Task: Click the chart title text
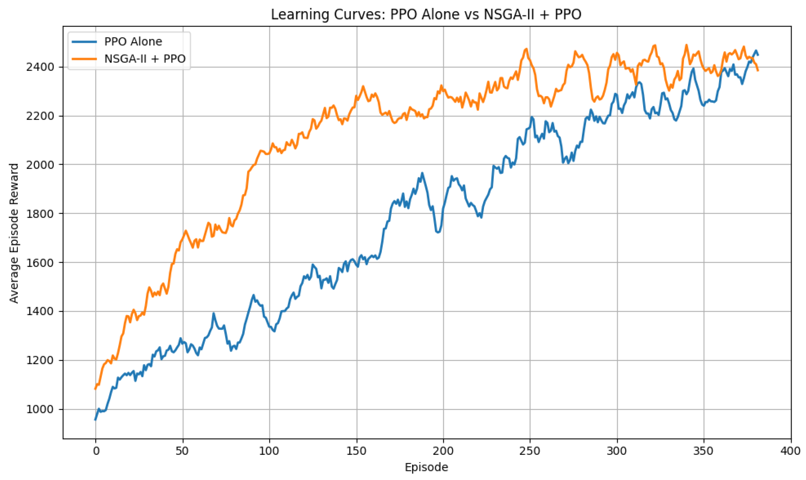pyautogui.click(x=426, y=15)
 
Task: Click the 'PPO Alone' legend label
pyautogui.click(x=133, y=41)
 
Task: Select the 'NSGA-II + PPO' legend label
pyautogui.click(x=145, y=59)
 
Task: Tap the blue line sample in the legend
pyautogui.click(x=84, y=41)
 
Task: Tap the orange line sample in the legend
pyautogui.click(x=84, y=59)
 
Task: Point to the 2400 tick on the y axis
pyautogui.click(x=41, y=67)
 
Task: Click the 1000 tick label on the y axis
pyautogui.click(x=41, y=409)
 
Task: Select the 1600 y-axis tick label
pyautogui.click(x=41, y=263)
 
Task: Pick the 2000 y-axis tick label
pyautogui.click(x=41, y=165)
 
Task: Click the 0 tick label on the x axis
pyautogui.click(x=96, y=451)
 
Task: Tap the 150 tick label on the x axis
pyautogui.click(x=357, y=451)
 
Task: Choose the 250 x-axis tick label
pyautogui.click(x=530, y=451)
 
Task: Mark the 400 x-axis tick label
pyautogui.click(x=791, y=451)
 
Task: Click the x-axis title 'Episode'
pyautogui.click(x=426, y=467)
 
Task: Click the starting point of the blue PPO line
pyautogui.click(x=95, y=420)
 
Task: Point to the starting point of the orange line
pyautogui.click(x=95, y=389)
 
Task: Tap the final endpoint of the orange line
pyautogui.click(x=758, y=70)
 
